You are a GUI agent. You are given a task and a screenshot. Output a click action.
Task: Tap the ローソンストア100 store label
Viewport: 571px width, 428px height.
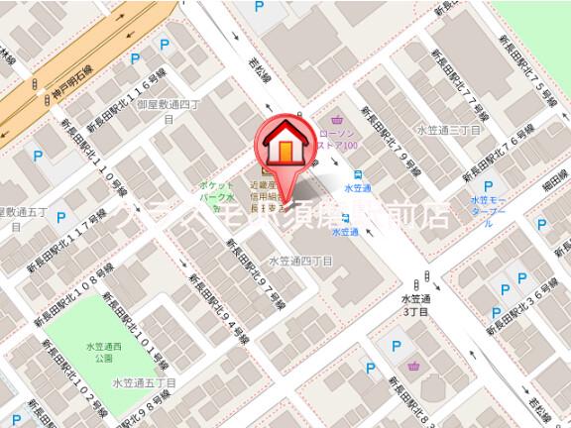(x=334, y=139)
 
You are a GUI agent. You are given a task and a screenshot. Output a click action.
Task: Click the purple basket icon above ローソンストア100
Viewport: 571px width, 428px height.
(x=342, y=116)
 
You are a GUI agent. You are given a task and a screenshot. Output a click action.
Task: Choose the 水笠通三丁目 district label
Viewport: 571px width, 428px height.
(x=448, y=130)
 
